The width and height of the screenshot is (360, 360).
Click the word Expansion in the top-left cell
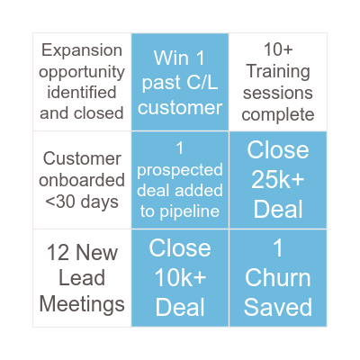click(82, 50)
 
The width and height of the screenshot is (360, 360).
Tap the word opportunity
click(82, 73)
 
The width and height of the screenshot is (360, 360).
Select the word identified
click(82, 92)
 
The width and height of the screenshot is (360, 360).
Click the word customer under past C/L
click(180, 108)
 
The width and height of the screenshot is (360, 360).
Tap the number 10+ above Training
click(278, 49)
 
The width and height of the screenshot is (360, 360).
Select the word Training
click(278, 72)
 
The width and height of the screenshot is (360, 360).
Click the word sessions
click(278, 93)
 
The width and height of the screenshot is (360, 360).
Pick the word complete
click(278, 115)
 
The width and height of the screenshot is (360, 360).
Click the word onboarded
click(82, 180)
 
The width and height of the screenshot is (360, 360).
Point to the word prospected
click(180, 171)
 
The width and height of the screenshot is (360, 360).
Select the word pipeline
click(189, 211)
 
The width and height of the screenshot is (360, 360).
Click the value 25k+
click(278, 179)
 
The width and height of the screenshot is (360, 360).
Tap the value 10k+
click(180, 277)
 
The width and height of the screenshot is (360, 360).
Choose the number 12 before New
click(58, 252)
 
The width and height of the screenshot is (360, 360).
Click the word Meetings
click(82, 305)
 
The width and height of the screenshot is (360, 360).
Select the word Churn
click(278, 277)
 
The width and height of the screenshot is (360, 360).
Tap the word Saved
click(278, 307)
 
